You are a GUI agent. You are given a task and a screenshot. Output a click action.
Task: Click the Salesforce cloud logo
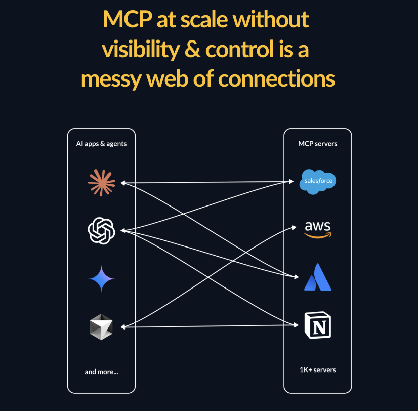click(318, 182)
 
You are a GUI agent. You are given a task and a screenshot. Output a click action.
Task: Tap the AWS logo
click(318, 229)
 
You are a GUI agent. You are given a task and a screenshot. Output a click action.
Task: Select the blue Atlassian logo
click(318, 277)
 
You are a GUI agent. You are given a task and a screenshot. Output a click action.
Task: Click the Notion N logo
click(318, 324)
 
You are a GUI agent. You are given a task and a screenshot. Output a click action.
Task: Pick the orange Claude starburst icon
click(101, 182)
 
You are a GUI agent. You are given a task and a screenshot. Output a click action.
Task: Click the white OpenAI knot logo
click(101, 230)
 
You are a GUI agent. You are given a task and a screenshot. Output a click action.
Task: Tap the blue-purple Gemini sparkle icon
click(101, 278)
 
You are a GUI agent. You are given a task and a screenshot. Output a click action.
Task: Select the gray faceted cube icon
click(101, 326)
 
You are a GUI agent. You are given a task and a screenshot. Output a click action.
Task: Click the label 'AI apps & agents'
click(101, 144)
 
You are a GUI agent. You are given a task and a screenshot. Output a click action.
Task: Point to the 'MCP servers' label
click(318, 144)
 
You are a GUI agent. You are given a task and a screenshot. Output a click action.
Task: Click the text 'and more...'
click(101, 372)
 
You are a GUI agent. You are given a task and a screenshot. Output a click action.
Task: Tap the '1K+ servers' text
click(318, 369)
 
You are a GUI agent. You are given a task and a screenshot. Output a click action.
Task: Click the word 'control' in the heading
click(240, 50)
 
